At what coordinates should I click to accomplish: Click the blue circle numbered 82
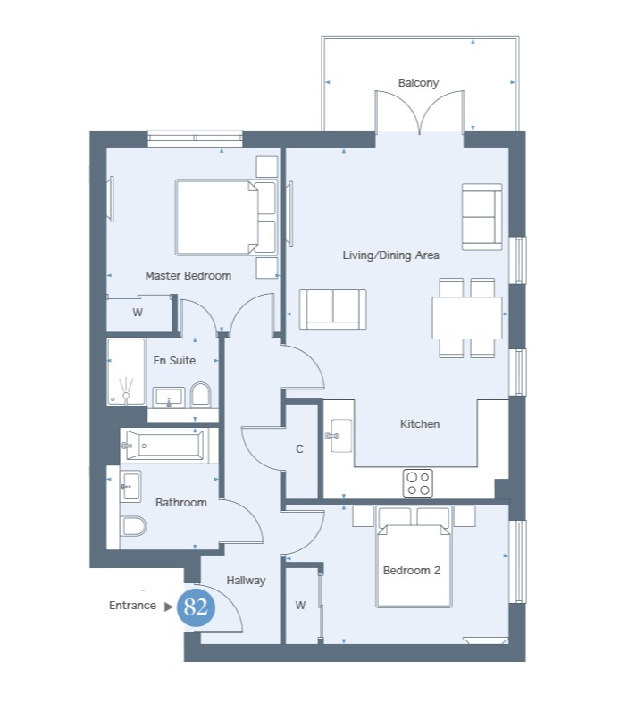(x=196, y=607)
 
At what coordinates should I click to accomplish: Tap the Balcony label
(x=418, y=83)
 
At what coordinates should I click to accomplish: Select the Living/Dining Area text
(x=391, y=255)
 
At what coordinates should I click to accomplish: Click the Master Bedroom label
(x=188, y=275)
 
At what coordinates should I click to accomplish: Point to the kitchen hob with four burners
(x=418, y=483)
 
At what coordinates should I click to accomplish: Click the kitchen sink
(x=339, y=436)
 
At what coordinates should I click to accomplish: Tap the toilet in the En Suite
(x=201, y=395)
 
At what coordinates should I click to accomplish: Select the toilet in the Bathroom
(x=133, y=526)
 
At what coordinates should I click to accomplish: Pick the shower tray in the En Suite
(x=127, y=372)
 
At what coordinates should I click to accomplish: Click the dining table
(x=467, y=318)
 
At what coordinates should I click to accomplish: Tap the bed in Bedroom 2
(x=414, y=557)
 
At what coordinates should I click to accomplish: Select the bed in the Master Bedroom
(x=226, y=217)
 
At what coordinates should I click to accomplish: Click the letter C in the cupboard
(x=299, y=448)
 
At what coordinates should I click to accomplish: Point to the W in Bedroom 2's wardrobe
(x=300, y=606)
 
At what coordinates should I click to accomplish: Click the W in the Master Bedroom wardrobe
(x=138, y=312)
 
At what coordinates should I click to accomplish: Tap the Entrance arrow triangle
(x=169, y=607)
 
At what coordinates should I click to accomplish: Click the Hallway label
(x=246, y=580)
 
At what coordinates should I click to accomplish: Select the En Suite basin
(x=169, y=398)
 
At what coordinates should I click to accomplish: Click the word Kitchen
(x=420, y=423)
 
